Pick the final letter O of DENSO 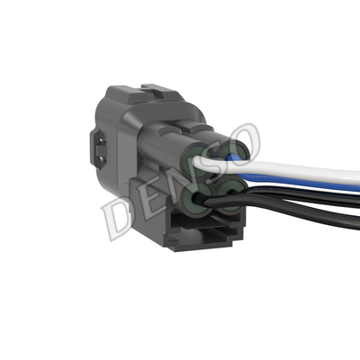point(240,141)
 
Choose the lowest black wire point(300,212)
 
